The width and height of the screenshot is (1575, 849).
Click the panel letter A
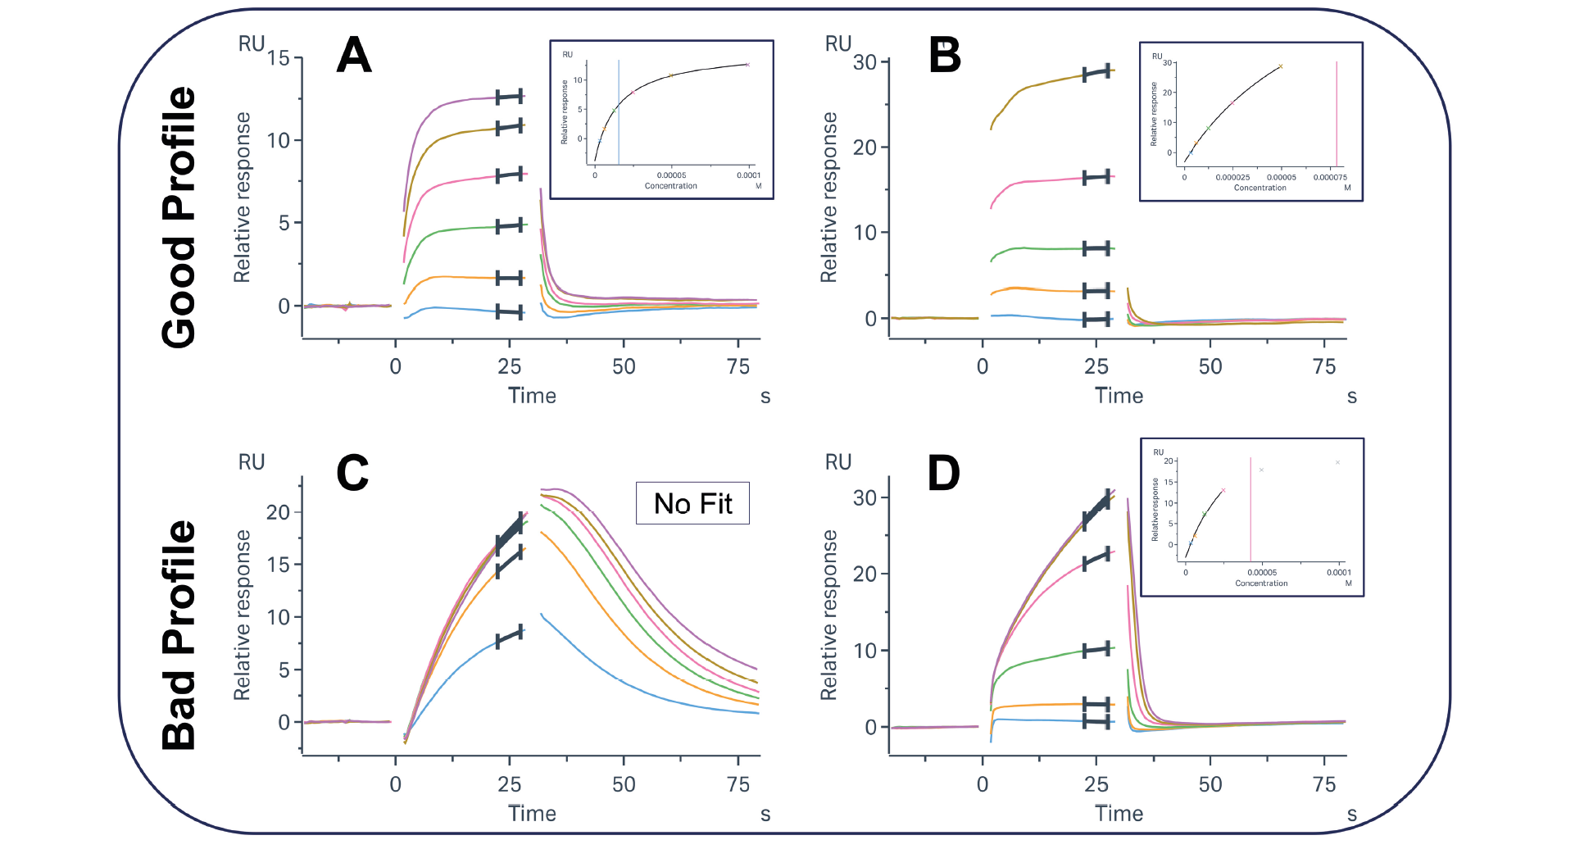[355, 56]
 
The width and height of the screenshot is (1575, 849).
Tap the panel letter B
[945, 56]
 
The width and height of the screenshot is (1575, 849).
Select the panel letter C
[353, 474]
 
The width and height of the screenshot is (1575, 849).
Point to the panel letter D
[944, 474]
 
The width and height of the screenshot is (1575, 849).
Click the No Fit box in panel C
[692, 503]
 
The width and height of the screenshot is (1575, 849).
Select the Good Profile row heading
[179, 217]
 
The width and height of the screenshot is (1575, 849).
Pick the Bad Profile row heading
[179, 635]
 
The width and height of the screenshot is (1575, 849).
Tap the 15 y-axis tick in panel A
[279, 58]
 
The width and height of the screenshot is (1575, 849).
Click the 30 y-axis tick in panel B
[865, 62]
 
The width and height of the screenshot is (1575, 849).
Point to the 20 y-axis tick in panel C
[279, 513]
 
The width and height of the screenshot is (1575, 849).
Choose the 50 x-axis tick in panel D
[1210, 785]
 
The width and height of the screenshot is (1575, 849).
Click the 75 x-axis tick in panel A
[738, 367]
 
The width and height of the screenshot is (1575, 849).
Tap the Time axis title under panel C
[532, 814]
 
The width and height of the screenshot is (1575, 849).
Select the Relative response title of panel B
[829, 197]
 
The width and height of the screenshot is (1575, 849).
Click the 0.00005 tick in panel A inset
[671, 175]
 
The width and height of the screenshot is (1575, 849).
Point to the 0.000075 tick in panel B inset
[1330, 177]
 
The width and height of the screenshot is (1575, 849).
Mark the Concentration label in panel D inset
[1261, 583]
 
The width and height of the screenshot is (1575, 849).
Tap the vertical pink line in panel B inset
[1337, 115]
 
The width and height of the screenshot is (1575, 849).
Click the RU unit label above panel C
[252, 462]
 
